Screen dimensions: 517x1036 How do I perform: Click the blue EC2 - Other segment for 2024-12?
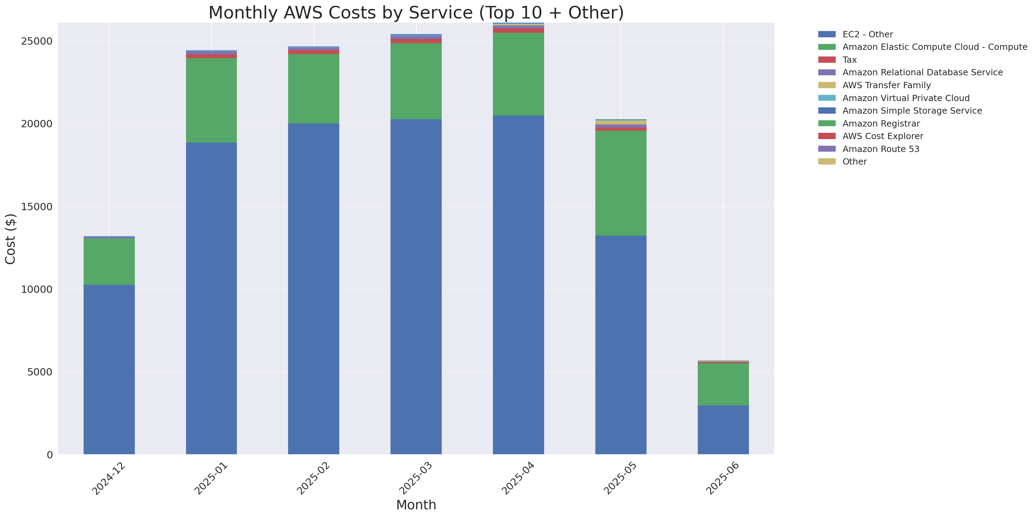pyautogui.click(x=109, y=369)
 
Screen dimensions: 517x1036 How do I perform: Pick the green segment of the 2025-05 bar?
pyautogui.click(x=620, y=183)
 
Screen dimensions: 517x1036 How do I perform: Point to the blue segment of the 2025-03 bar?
pyautogui.click(x=416, y=287)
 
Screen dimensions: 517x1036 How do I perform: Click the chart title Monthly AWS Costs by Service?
pyautogui.click(x=416, y=13)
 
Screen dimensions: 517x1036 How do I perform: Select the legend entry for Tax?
pyautogui.click(x=849, y=60)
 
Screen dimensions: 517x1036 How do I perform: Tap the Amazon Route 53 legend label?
pyautogui.click(x=880, y=149)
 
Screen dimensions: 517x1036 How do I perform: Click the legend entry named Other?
pyautogui.click(x=854, y=162)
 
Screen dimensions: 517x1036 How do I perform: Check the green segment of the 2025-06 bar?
pyautogui.click(x=723, y=384)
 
